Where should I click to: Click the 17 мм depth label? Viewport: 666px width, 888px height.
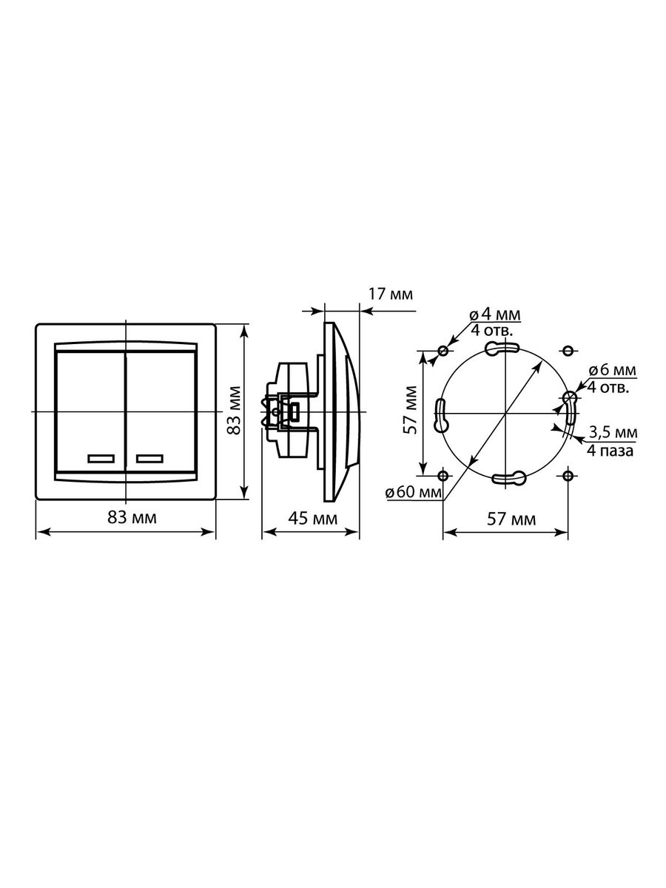(x=391, y=294)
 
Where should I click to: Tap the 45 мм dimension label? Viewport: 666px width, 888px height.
(x=312, y=518)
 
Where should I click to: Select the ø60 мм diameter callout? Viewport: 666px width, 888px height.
(x=413, y=492)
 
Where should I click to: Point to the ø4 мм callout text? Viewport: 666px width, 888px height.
(x=495, y=314)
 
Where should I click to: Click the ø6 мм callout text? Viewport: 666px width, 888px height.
(x=613, y=370)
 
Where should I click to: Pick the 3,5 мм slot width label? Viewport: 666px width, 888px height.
(x=613, y=432)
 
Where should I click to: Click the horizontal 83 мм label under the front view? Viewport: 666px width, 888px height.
(x=132, y=517)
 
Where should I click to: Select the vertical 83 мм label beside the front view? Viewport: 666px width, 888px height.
(x=233, y=411)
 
